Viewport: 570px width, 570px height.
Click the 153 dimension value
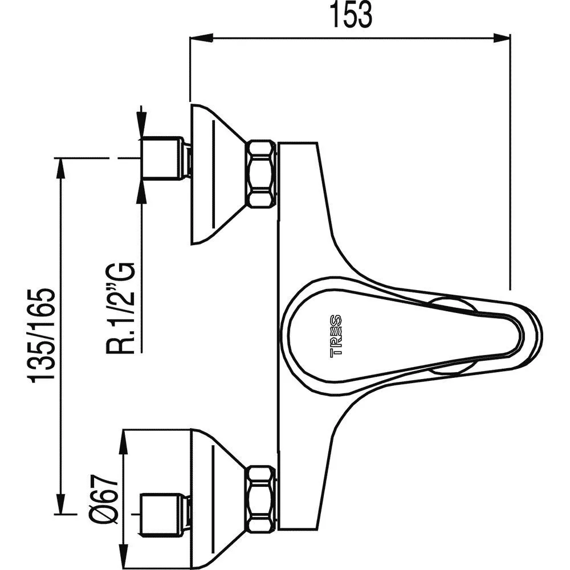tap(349, 16)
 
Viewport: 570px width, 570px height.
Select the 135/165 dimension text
tap(42, 336)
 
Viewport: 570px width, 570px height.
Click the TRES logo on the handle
tap(336, 336)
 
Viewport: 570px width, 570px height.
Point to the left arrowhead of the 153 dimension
tap(197, 38)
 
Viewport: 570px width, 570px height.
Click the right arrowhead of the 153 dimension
tap(503, 38)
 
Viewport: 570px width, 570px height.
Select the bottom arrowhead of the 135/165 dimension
tap(60, 507)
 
